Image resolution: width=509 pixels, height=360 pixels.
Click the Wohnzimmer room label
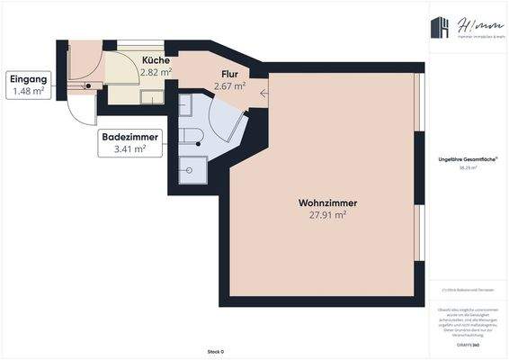coord(322,202)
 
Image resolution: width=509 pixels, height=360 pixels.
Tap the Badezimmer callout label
coord(130,138)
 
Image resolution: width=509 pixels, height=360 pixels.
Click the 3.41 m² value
coord(130,149)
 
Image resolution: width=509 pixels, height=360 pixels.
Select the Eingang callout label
coord(28,79)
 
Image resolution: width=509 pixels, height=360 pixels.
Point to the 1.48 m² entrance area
coord(28,91)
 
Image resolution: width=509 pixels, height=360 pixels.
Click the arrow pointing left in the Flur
coord(263,92)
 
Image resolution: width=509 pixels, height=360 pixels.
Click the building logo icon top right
coord(440,30)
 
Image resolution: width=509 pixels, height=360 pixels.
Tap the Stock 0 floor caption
coord(215,351)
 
